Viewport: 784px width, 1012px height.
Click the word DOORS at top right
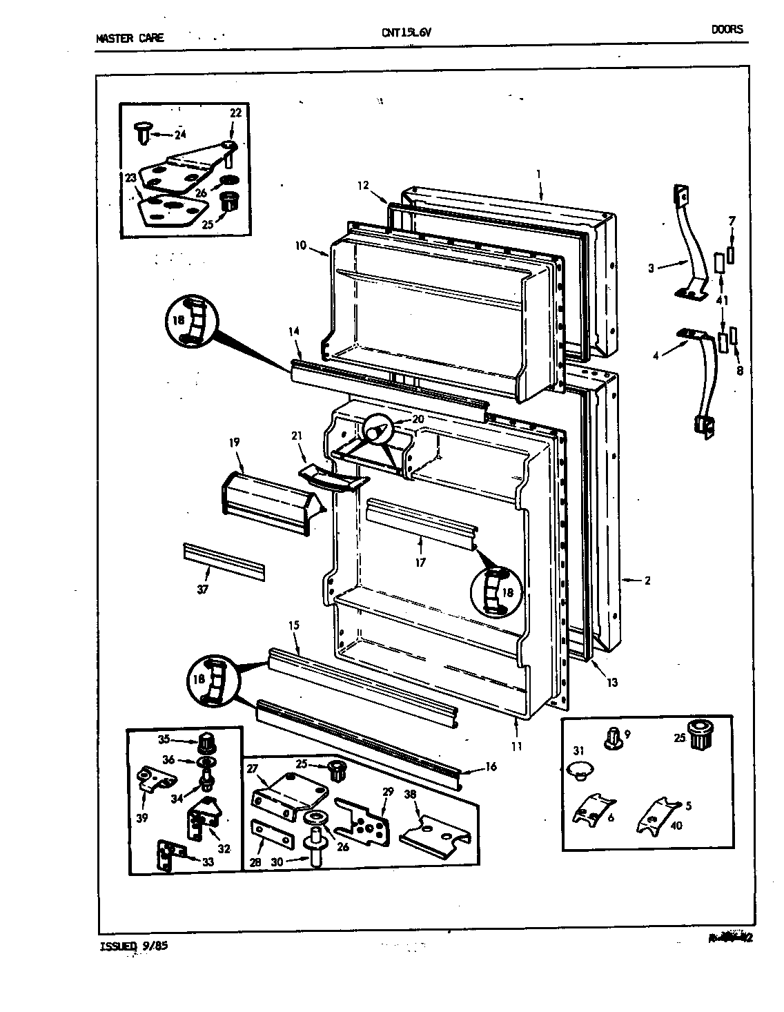pos(727,30)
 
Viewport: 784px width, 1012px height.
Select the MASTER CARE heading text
pos(130,38)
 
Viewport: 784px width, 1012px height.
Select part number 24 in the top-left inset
pos(181,135)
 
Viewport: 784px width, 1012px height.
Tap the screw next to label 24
pos(144,131)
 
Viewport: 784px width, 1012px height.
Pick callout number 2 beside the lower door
pos(647,581)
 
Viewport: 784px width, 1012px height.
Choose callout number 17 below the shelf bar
pos(420,562)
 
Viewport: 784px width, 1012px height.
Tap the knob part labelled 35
pos(205,744)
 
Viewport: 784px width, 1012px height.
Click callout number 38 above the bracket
pos(411,795)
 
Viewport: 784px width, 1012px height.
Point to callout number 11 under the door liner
pos(517,746)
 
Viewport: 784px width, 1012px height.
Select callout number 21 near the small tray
pos(297,436)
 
